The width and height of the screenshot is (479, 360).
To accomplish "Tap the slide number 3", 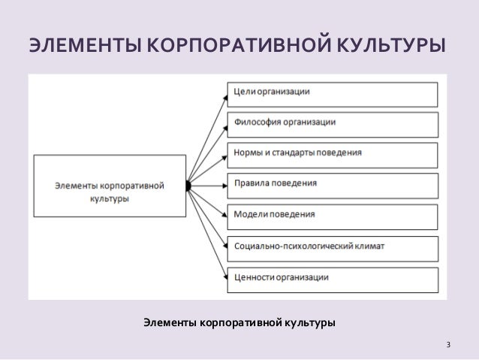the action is tap(448, 346).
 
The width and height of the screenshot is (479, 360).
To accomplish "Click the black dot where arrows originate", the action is tap(188, 186).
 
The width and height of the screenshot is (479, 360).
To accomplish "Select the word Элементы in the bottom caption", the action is tap(167, 323).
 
